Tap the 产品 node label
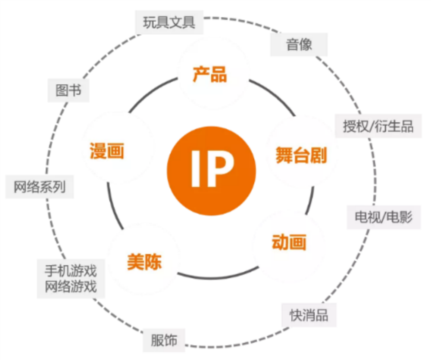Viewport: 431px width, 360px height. pyautogui.click(x=209, y=74)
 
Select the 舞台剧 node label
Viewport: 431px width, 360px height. pyautogui.click(x=301, y=155)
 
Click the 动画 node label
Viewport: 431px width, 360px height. pyautogui.click(x=289, y=242)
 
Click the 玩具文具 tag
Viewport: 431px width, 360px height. pyautogui.click(x=169, y=22)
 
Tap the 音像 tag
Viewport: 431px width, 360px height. pyautogui.click(x=299, y=44)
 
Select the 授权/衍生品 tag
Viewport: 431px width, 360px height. pyautogui.click(x=378, y=126)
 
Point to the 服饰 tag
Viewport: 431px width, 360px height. pyautogui.click(x=164, y=340)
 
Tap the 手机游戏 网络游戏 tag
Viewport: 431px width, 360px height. pyautogui.click(x=71, y=279)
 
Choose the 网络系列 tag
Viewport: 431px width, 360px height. pyautogui.click(x=39, y=187)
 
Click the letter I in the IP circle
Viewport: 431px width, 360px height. pyautogui.click(x=194, y=170)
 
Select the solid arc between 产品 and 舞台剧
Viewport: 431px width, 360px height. pyautogui.click(x=276, y=97)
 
